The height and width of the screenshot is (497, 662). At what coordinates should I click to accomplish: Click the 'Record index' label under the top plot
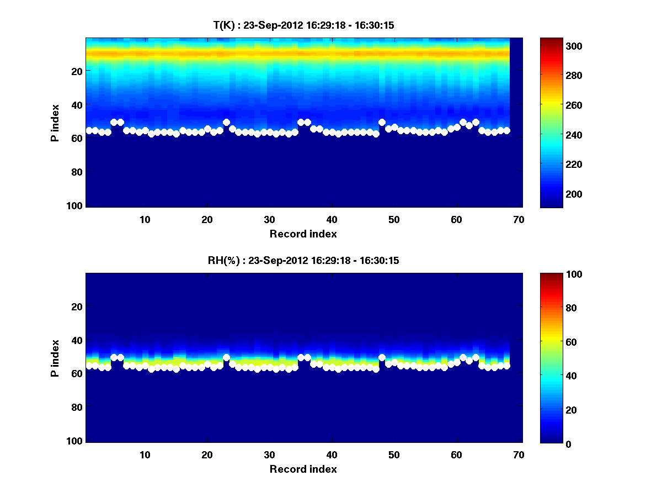[303, 234]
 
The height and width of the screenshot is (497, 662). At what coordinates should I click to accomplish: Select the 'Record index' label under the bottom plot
[303, 469]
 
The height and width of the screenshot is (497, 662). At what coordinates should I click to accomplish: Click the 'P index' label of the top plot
[55, 123]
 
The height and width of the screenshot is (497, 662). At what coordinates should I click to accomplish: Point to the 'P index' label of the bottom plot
[55, 358]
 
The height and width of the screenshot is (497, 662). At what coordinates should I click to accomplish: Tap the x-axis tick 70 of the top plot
[518, 219]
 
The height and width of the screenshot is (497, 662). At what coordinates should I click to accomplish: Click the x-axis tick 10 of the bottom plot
[145, 454]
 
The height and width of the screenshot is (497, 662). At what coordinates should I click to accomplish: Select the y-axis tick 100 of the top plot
[76, 205]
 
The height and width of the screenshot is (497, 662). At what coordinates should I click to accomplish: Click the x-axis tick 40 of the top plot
[332, 219]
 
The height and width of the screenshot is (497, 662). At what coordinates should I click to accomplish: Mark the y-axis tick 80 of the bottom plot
[78, 408]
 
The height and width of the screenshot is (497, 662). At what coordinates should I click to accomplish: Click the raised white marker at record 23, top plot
[226, 122]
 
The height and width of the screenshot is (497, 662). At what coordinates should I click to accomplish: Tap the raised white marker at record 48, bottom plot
[382, 357]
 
